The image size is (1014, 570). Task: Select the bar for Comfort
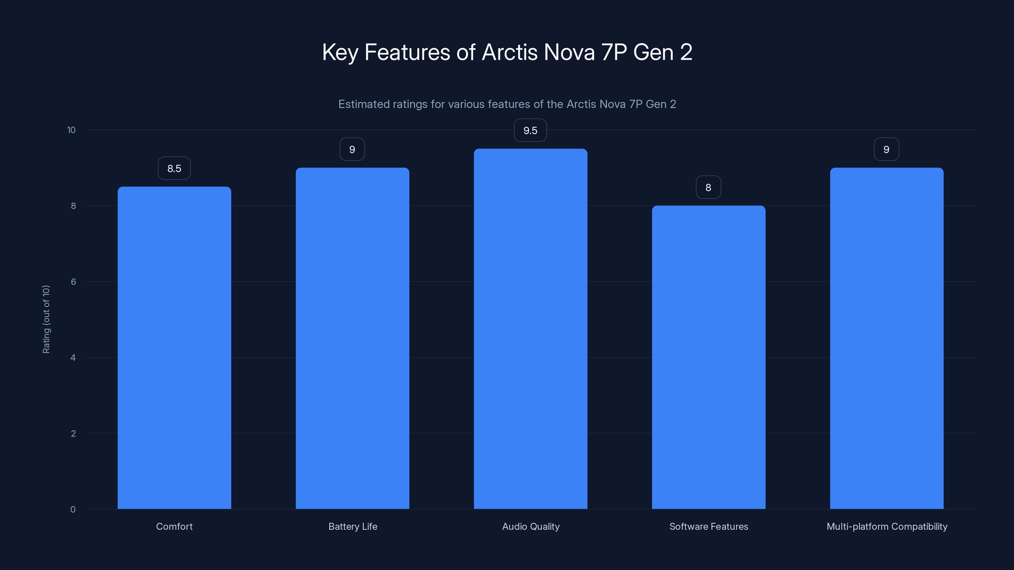174,348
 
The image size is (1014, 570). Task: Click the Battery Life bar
352,338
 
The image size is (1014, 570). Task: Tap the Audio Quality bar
530,329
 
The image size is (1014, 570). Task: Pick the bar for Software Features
709,357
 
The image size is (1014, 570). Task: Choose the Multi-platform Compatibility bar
887,338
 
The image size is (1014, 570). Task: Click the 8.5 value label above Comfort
174,168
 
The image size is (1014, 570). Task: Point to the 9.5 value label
530,130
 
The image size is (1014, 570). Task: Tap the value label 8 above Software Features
708,187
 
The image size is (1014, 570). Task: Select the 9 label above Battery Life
352,149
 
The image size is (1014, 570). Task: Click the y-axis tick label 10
71,130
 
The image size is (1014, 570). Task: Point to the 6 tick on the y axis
73,282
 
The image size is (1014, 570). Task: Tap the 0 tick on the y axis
73,510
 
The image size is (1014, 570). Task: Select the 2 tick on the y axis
73,434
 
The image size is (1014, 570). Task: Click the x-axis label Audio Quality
531,526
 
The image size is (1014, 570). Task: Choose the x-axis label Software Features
709,526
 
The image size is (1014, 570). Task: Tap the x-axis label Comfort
174,526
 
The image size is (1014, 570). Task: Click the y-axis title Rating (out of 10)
46,319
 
